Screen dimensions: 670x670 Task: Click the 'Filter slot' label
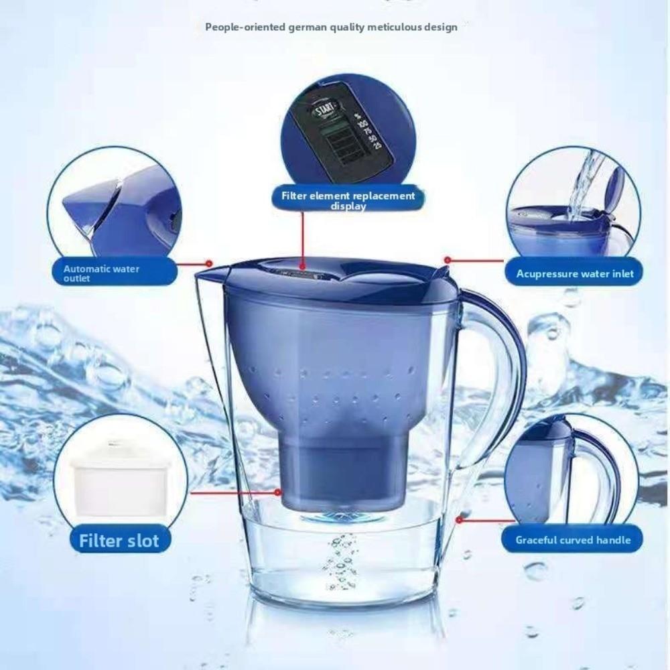[x=119, y=540]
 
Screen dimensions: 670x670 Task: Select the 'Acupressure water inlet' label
[x=575, y=273]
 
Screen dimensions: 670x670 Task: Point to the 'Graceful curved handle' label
[x=573, y=540]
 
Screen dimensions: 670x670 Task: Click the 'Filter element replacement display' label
[x=348, y=200]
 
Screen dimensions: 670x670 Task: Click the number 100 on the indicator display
[x=363, y=124]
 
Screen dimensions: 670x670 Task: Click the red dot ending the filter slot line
[x=277, y=492]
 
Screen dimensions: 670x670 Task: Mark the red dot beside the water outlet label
[x=209, y=263]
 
